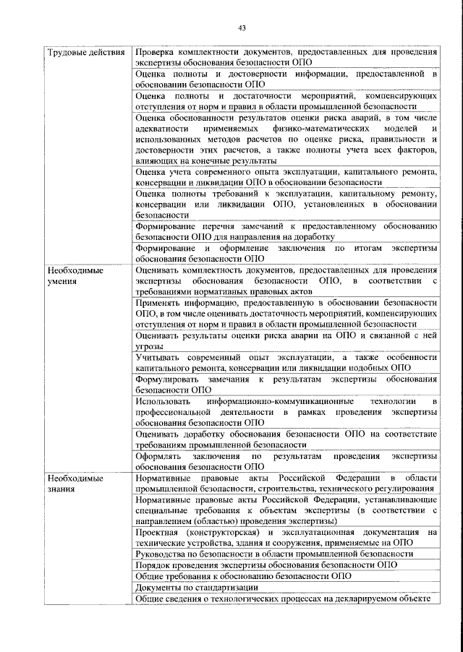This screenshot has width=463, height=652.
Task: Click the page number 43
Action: point(242,28)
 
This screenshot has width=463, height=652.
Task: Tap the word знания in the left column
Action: point(61,489)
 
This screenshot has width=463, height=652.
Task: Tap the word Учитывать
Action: point(161,356)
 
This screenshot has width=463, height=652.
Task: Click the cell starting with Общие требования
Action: point(243,576)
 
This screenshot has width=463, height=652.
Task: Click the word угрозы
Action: point(150,346)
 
